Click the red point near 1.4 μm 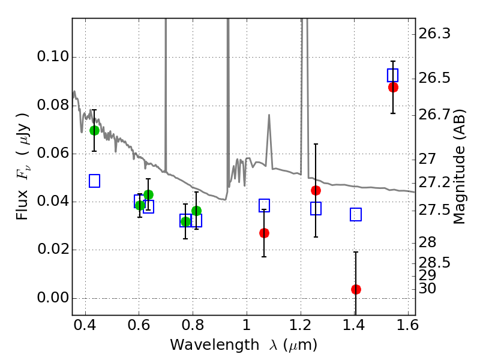tap(356, 289)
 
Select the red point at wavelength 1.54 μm tap(393, 87)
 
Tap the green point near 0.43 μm tap(94, 130)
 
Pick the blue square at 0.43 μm tap(94, 181)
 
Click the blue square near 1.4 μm tap(356, 214)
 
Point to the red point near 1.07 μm tap(264, 233)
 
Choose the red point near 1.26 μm tap(316, 190)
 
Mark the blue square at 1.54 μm tap(393, 75)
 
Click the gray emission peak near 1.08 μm tap(269, 115)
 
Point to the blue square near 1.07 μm tap(264, 205)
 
